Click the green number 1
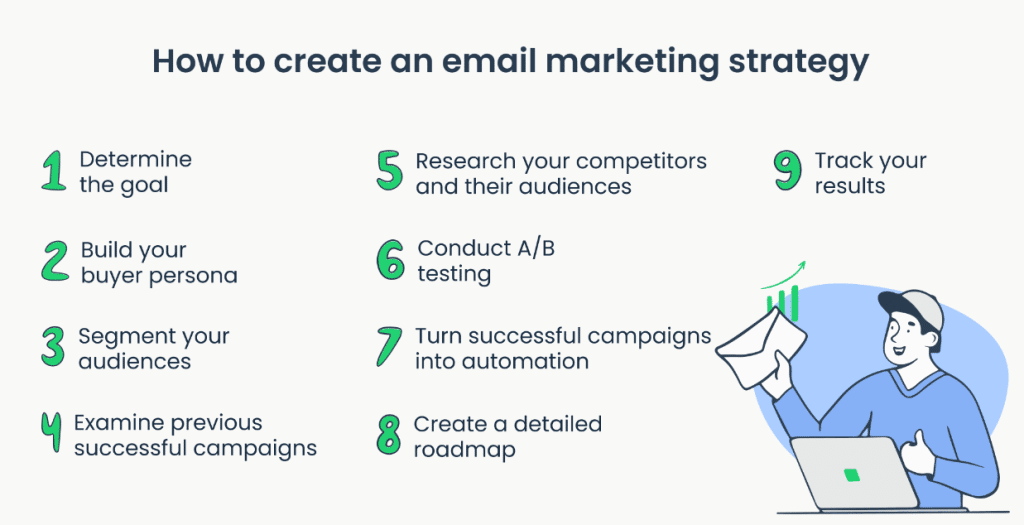54,171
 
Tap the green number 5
390,171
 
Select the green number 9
788,171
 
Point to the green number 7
389,347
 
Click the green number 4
52,434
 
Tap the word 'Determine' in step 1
136,159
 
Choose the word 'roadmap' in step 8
464,451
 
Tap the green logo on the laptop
851,475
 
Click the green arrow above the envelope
783,279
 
